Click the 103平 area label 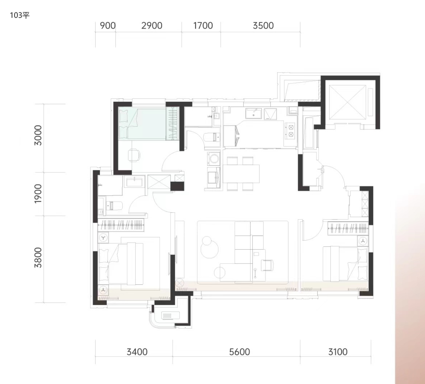coord(20,15)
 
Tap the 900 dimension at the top coord(108,26)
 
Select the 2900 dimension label coord(152,26)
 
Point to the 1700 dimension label coord(203,26)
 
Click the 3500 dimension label coord(263,26)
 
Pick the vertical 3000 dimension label coord(38,135)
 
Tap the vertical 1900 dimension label coord(38,194)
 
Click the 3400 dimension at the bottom coord(137,352)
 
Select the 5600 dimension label coord(239,352)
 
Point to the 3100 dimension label coord(338,352)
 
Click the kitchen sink coord(253,113)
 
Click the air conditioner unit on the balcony coord(170,315)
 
